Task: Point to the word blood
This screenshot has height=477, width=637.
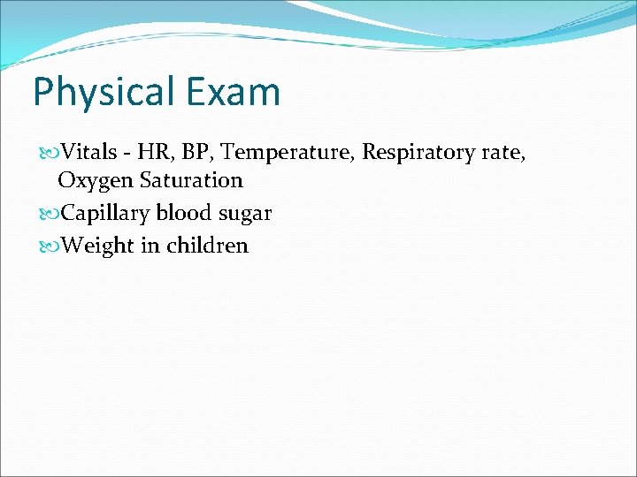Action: tap(183, 213)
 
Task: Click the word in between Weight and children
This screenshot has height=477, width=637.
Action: tap(149, 246)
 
